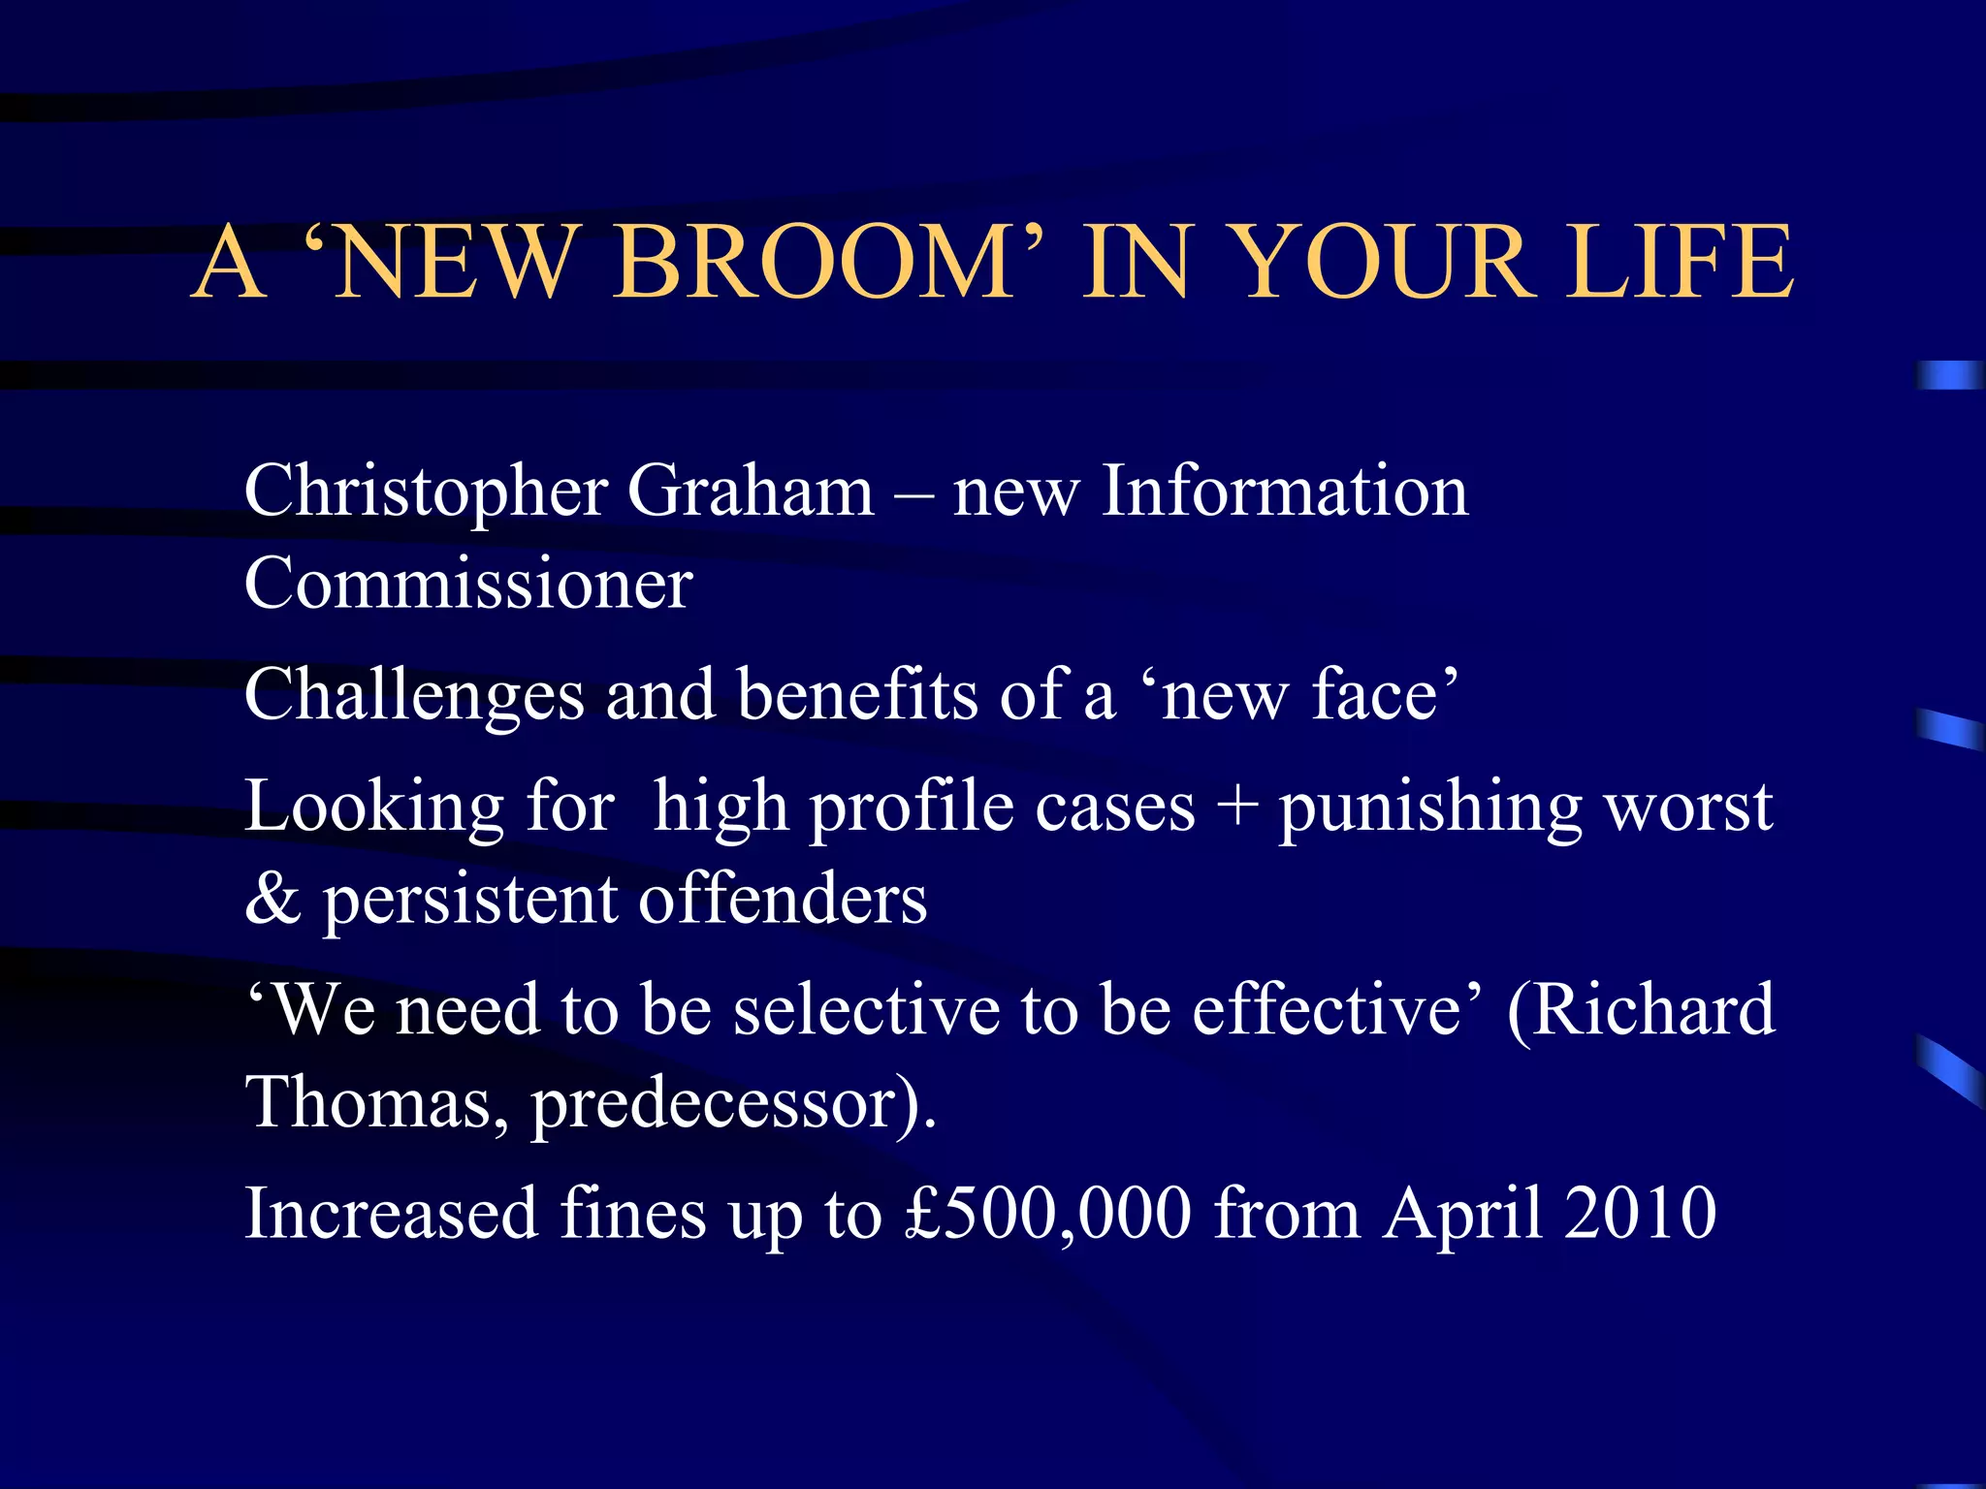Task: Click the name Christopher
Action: click(x=426, y=491)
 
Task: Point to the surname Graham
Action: click(x=751, y=491)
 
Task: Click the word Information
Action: click(x=1285, y=491)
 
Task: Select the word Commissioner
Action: click(x=468, y=584)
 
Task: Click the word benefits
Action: click(x=857, y=695)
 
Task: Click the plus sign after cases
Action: click(x=1236, y=807)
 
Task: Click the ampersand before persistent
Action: click(x=272, y=900)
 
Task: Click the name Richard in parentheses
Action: click(x=1652, y=1010)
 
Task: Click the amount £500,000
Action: click(x=1047, y=1214)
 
